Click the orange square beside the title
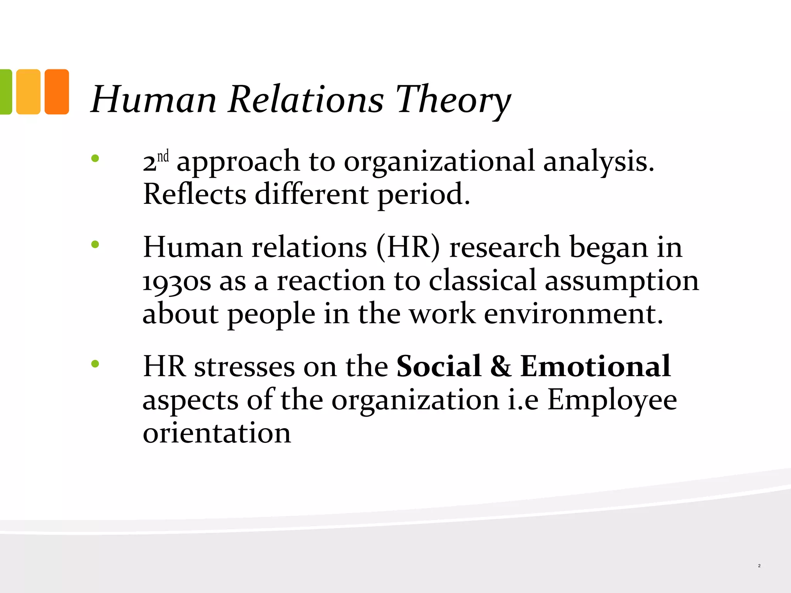coord(57,92)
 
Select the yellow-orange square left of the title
coord(28,92)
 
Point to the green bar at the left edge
coord(5,92)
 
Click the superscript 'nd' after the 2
coord(163,157)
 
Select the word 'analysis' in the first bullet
coord(598,161)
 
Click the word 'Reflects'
coord(194,194)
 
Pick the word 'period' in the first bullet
coord(423,195)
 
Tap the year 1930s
coord(177,281)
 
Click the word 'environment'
coord(573,313)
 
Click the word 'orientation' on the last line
coord(217,433)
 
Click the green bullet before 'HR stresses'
coord(95,363)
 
